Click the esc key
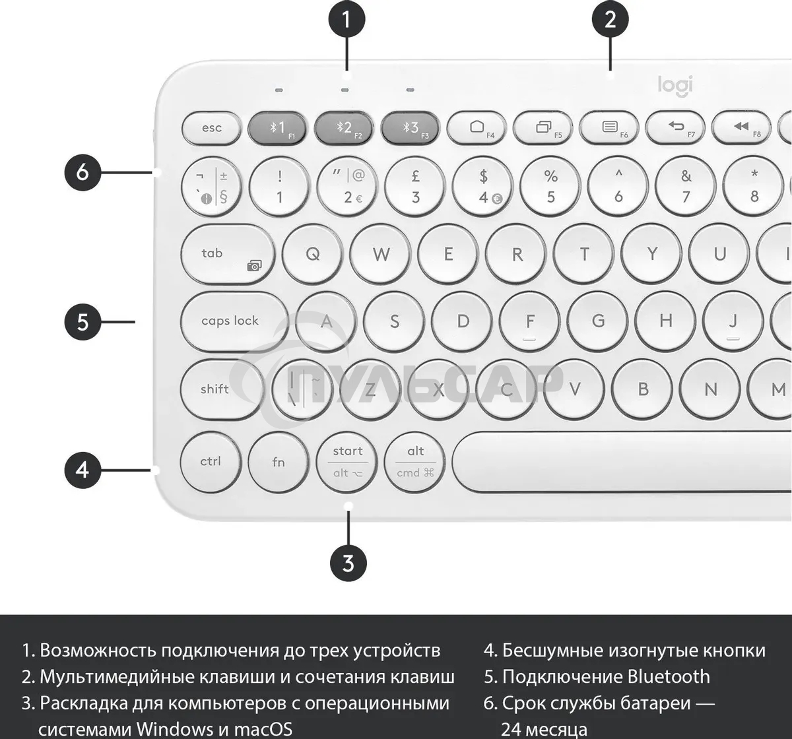pyautogui.click(x=211, y=127)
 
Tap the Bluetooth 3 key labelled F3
pyautogui.click(x=411, y=127)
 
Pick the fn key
pyautogui.click(x=279, y=461)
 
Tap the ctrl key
pyautogui.click(x=211, y=461)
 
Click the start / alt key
pyautogui.click(x=347, y=461)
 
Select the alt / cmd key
pyautogui.click(x=415, y=461)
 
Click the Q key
pyautogui.click(x=313, y=254)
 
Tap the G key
pyautogui.click(x=598, y=321)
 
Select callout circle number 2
pyautogui.click(x=610, y=19)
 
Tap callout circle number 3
pyautogui.click(x=348, y=563)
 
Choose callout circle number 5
pyautogui.click(x=82, y=322)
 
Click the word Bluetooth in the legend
pyautogui.click(x=669, y=677)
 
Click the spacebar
pyautogui.click(x=620, y=461)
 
